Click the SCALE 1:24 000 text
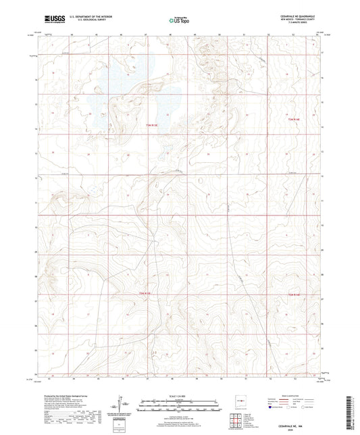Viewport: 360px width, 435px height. (180, 395)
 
